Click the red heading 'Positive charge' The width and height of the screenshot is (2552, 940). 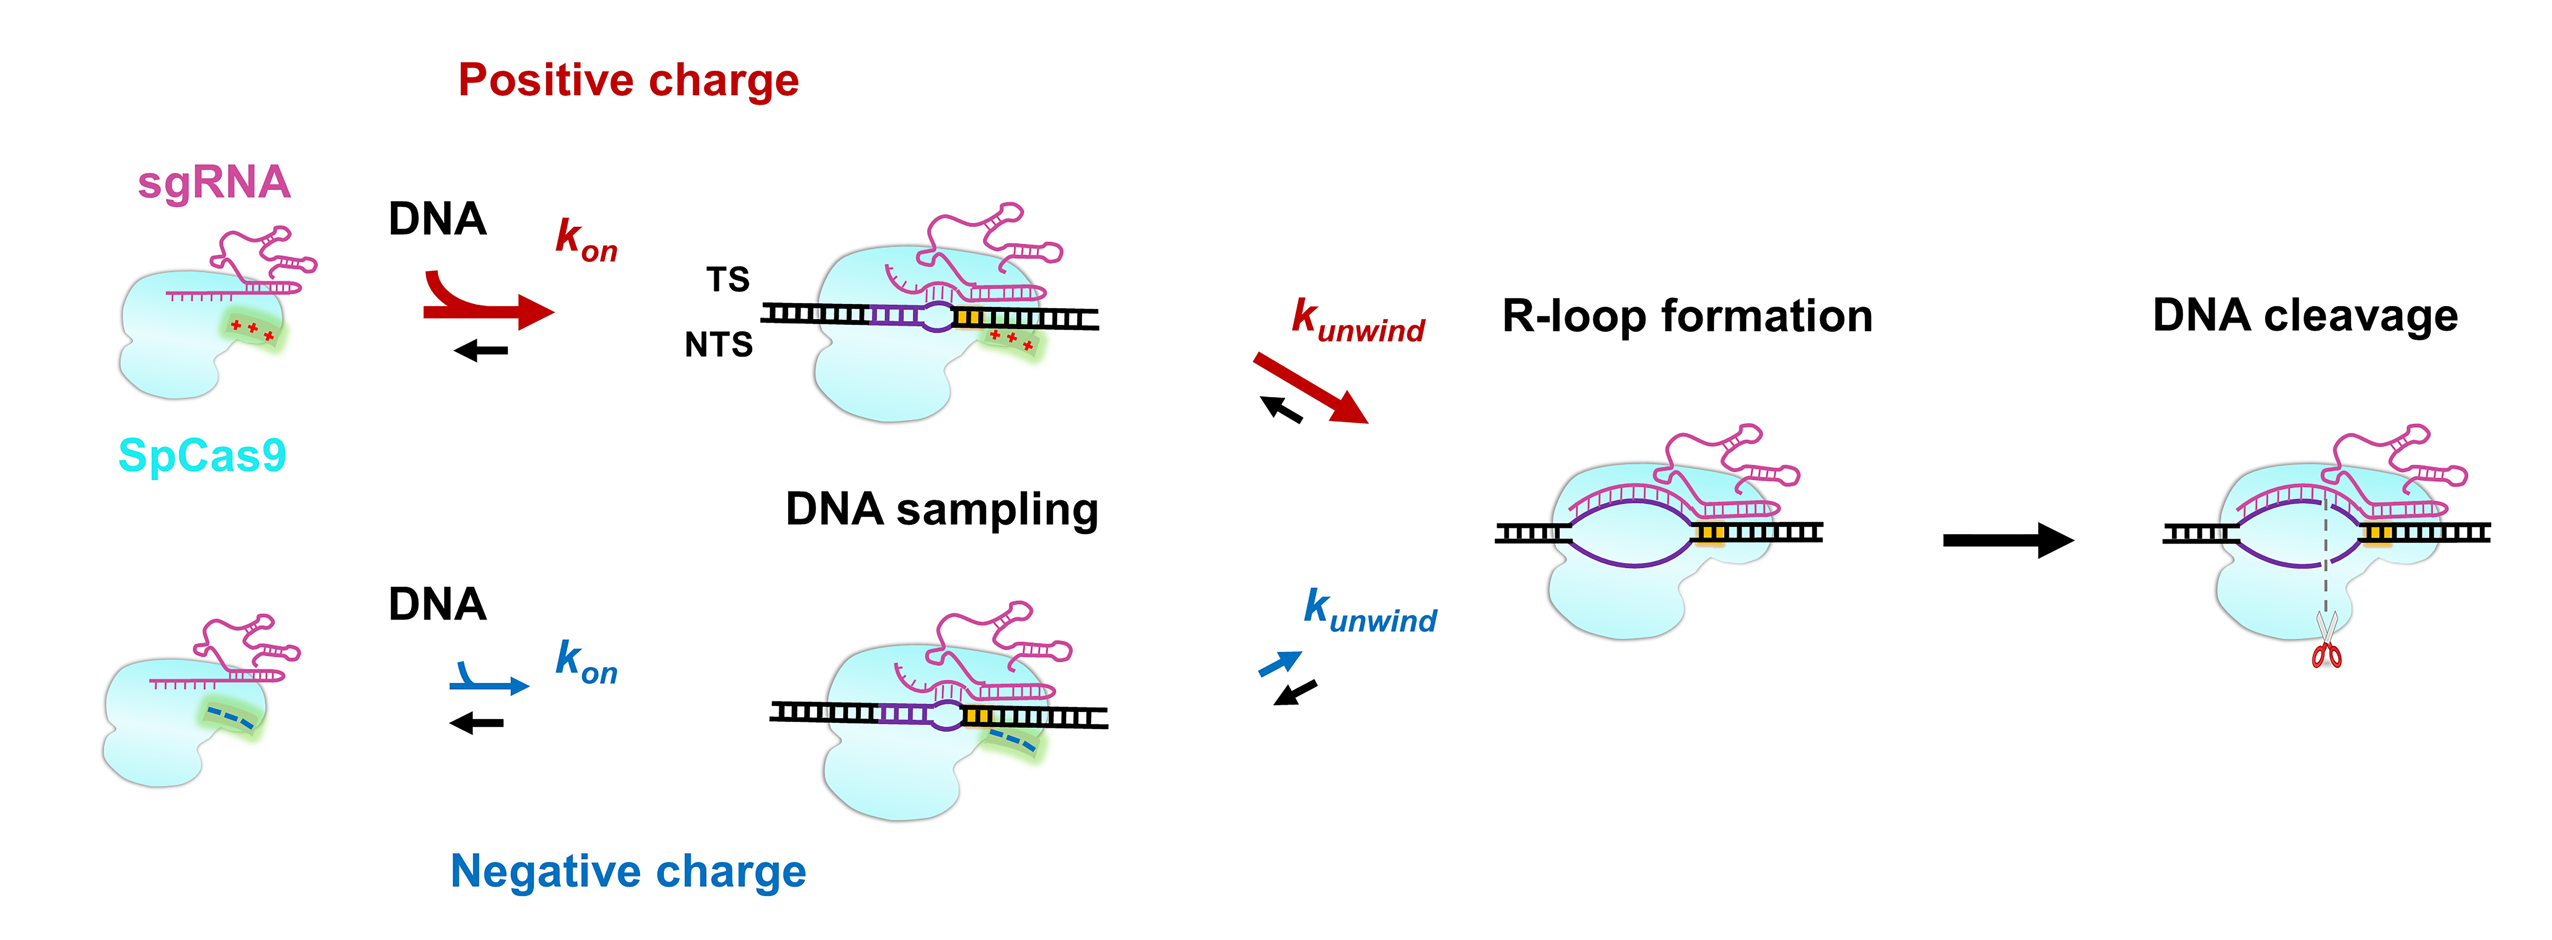click(x=628, y=80)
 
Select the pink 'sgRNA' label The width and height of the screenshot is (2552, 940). click(x=214, y=183)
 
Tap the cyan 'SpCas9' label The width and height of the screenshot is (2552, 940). click(x=202, y=456)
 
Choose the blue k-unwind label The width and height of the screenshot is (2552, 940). click(x=1369, y=610)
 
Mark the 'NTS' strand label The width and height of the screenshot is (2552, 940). click(x=718, y=345)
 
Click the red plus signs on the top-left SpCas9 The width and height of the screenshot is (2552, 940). click(x=253, y=329)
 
